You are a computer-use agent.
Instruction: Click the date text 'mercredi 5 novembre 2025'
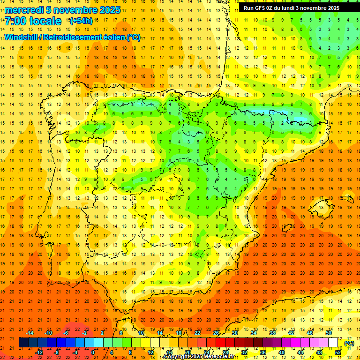pos(64,10)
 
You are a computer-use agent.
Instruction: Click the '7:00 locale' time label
pos(33,21)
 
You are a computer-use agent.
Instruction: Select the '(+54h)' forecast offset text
pos(81,21)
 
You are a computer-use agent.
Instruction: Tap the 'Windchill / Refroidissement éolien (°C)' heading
pos(72,37)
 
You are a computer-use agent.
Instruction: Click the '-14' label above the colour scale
pos(30,333)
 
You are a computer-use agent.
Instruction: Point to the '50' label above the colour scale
pos(329,333)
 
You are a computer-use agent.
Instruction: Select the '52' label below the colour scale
pos(337,352)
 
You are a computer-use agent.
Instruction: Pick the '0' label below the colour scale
pos(93,352)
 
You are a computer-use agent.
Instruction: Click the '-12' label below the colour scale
pos(39,352)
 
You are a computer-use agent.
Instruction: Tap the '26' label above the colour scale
pos(216,333)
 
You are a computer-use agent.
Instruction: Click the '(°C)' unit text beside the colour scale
pos(349,343)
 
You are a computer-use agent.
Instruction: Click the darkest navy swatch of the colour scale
pos(23,343)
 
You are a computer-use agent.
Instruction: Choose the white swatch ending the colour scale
pos(333,343)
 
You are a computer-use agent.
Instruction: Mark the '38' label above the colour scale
pos(272,333)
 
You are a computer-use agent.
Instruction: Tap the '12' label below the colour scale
pos(150,352)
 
